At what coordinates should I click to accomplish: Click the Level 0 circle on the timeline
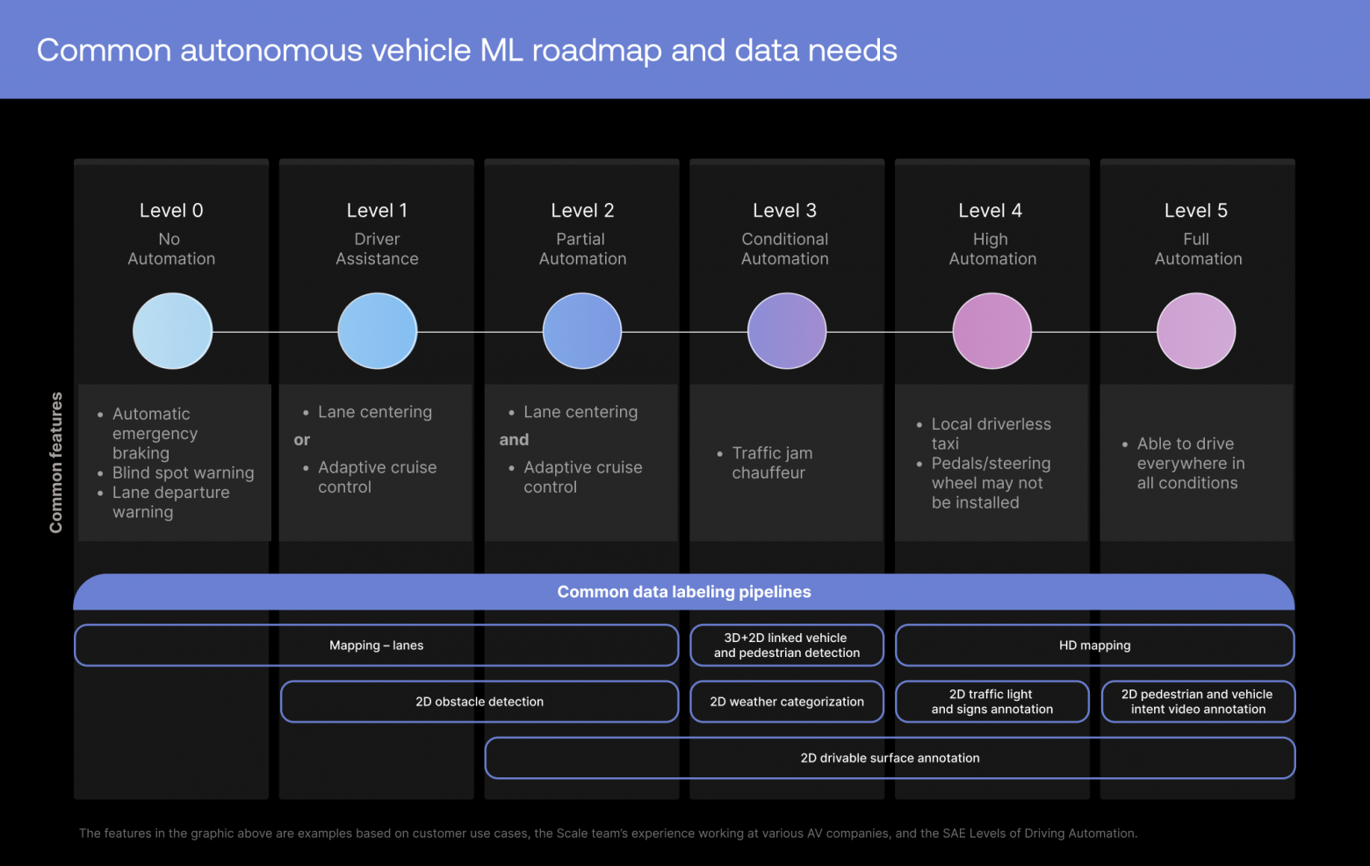[x=172, y=331]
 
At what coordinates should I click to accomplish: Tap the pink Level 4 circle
[x=992, y=331]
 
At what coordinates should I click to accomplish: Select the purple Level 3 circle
[x=787, y=331]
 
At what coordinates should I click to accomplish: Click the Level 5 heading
[x=1196, y=211]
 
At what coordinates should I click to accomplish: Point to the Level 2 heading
[x=582, y=211]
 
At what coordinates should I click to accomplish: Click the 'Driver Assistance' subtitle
[x=377, y=249]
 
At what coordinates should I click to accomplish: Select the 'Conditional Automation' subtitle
[x=785, y=249]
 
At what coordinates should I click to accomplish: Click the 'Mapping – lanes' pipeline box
[x=376, y=646]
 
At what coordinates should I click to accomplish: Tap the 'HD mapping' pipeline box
[x=1095, y=646]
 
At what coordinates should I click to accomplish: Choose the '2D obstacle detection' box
[x=479, y=702]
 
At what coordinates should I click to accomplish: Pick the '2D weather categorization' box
[x=787, y=702]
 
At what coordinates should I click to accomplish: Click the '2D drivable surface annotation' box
[x=890, y=758]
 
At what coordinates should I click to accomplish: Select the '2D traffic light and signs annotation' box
[x=992, y=702]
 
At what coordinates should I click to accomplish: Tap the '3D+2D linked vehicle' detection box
[x=787, y=646]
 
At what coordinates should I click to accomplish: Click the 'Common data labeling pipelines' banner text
[x=684, y=592]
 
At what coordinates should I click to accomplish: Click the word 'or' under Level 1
[x=301, y=440]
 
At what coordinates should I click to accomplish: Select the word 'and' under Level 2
[x=514, y=440]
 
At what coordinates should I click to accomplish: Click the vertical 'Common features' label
[x=55, y=462]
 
